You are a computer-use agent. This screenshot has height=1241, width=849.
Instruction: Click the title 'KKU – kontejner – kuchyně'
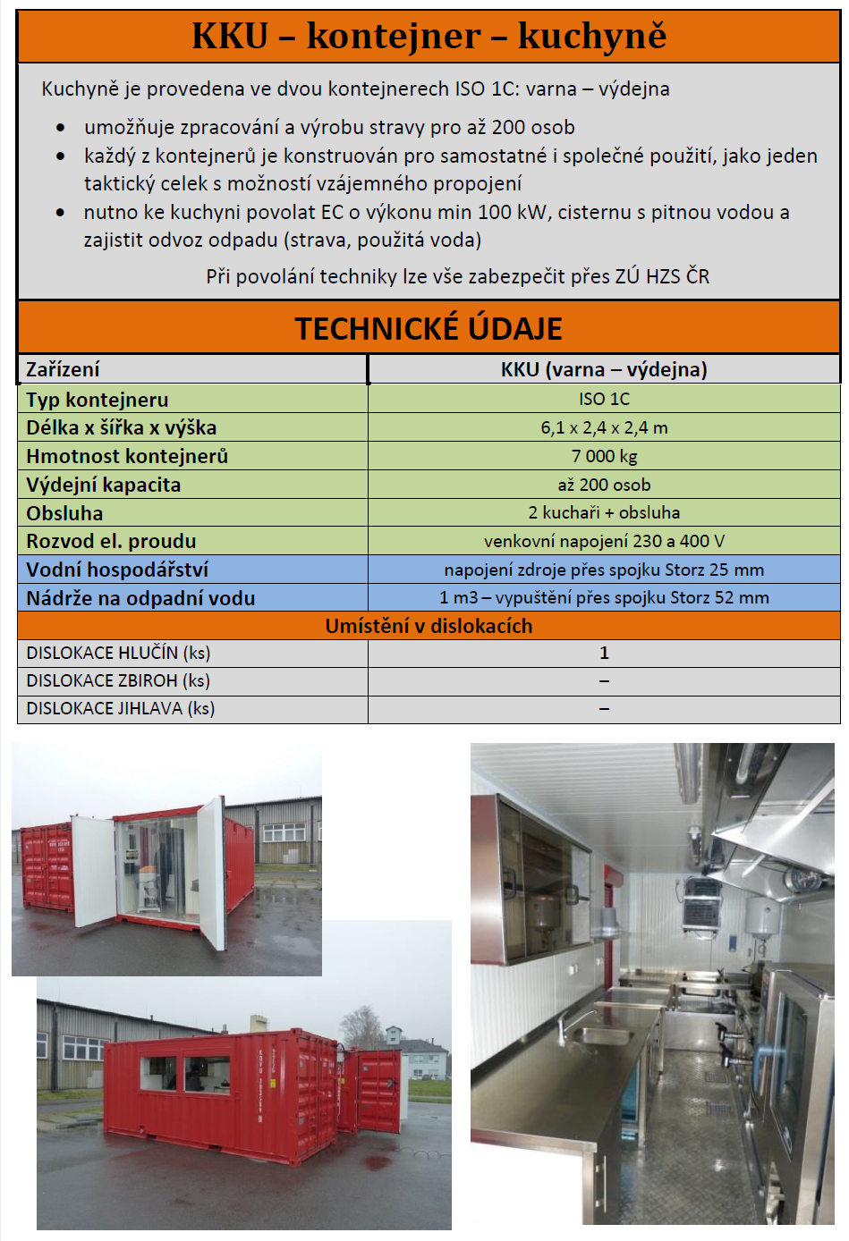pyautogui.click(x=429, y=36)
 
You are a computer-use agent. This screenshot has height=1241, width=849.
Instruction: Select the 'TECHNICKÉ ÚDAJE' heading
pyautogui.click(x=429, y=328)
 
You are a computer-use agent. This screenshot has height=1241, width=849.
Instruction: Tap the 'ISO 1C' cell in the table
pyautogui.click(x=604, y=399)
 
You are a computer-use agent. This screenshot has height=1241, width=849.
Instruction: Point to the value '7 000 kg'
pyautogui.click(x=604, y=456)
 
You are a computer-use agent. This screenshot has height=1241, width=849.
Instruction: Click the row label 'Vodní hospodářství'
pyautogui.click(x=117, y=570)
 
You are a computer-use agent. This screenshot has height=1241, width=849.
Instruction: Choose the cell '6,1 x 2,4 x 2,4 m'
pyautogui.click(x=604, y=427)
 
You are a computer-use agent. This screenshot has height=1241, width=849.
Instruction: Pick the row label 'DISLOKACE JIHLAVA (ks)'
pyautogui.click(x=121, y=708)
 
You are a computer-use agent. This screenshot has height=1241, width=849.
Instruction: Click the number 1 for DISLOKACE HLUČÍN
pyautogui.click(x=604, y=653)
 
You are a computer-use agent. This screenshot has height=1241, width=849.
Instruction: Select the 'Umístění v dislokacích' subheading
pyautogui.click(x=429, y=626)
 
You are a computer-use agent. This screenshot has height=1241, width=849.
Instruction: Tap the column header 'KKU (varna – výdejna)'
pyautogui.click(x=604, y=369)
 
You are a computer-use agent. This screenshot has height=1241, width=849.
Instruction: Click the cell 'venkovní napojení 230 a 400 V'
pyautogui.click(x=604, y=541)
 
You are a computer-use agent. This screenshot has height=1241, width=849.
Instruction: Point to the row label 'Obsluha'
pyautogui.click(x=64, y=513)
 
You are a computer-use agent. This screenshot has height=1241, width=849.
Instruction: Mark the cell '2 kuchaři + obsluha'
pyautogui.click(x=604, y=512)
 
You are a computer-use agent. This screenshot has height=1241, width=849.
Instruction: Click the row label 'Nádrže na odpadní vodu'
pyautogui.click(x=140, y=598)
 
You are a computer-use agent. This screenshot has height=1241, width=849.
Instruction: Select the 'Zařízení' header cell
pyautogui.click(x=63, y=369)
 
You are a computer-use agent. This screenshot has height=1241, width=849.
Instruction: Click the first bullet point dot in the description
pyautogui.click(x=60, y=128)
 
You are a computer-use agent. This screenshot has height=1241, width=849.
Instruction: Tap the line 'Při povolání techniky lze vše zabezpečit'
pyautogui.click(x=457, y=276)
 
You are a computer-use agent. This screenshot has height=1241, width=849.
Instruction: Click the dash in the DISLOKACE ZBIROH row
pyautogui.click(x=604, y=680)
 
